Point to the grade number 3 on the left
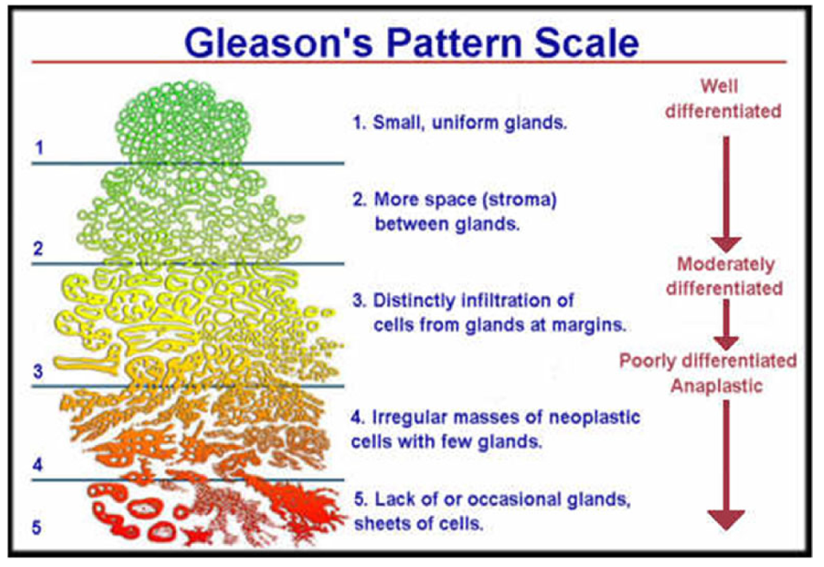pos(38,371)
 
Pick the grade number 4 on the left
pos(38,464)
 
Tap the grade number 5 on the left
pos(37,526)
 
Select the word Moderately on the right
pos(725,265)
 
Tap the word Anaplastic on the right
pos(716,386)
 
